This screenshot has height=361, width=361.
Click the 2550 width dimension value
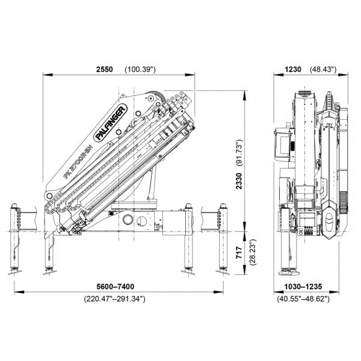pos(105,69)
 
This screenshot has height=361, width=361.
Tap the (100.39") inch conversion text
pos(140,69)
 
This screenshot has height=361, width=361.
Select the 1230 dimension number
pos(293,69)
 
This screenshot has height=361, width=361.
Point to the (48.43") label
pos(323,69)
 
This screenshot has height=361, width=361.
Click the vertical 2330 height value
pos(239,181)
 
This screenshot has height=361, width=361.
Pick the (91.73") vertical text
pos(239,153)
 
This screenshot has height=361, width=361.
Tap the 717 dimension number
pos(239,252)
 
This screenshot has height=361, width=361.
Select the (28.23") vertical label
pos(253,252)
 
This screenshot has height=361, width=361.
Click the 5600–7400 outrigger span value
pos(116,286)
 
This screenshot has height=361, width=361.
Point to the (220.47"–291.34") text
pos(115,299)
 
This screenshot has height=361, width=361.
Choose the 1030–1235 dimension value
pos(303,286)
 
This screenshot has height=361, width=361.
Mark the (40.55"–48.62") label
pos(303,299)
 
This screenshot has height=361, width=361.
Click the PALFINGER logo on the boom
pos(111,123)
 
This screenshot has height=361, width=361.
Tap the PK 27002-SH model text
pos(78,162)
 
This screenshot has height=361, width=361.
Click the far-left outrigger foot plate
pos(14,272)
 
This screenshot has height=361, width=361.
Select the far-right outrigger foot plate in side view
pos(223,272)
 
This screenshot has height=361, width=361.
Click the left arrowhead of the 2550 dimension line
pos(48,75)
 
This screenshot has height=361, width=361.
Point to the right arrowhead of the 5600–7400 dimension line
pos(218,292)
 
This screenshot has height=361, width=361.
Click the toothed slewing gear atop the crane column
pos(158,95)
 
